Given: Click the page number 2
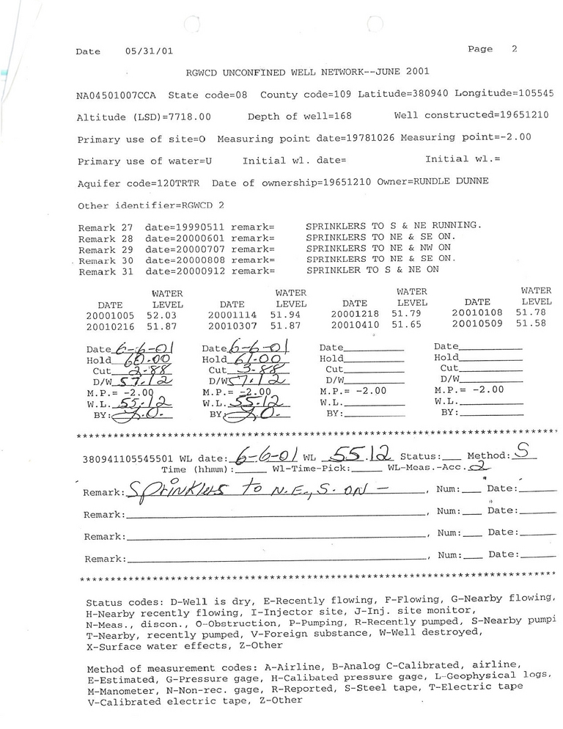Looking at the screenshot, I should pyautogui.click(x=514, y=49).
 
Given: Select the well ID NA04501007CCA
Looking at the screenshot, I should pyautogui.click(x=116, y=95).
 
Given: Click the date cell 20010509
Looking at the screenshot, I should pyautogui.click(x=478, y=323).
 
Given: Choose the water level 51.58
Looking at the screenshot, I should pyautogui.click(x=536, y=323).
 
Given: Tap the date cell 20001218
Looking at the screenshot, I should pyautogui.click(x=355, y=313).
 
